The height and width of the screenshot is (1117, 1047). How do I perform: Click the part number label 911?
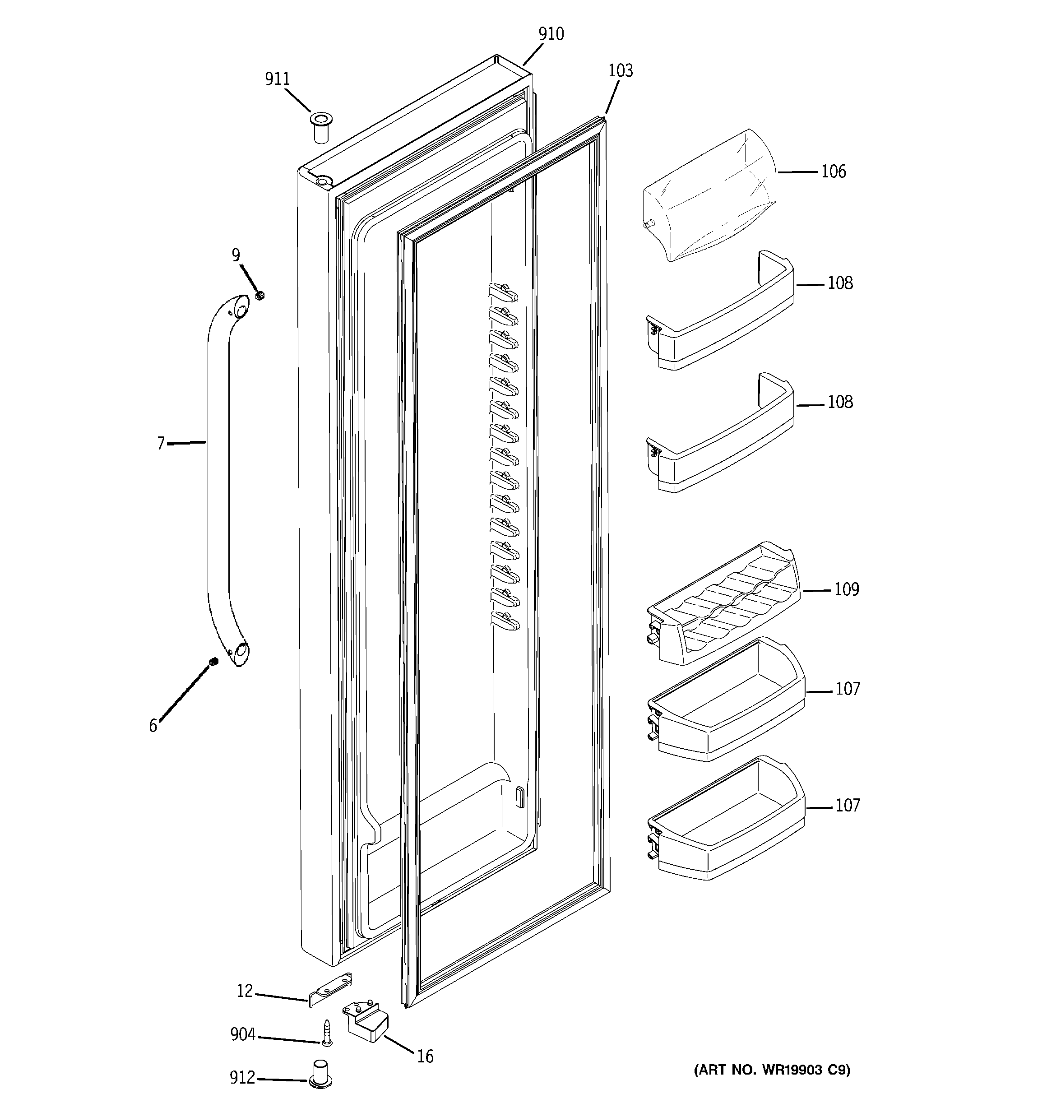[x=277, y=79]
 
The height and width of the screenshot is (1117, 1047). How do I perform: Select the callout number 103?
[x=621, y=71]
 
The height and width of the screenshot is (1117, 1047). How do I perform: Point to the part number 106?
[x=833, y=171]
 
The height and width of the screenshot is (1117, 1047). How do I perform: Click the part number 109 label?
[x=846, y=589]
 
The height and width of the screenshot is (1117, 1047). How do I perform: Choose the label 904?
[x=243, y=1034]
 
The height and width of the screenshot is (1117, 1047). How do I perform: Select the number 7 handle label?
[x=161, y=444]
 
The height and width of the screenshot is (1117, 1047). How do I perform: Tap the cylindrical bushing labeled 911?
[x=320, y=128]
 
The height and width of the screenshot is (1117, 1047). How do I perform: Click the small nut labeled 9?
[x=259, y=295]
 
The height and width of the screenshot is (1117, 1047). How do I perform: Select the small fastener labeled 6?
[x=213, y=663]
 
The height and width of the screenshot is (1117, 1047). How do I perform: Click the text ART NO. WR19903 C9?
[x=772, y=1071]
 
